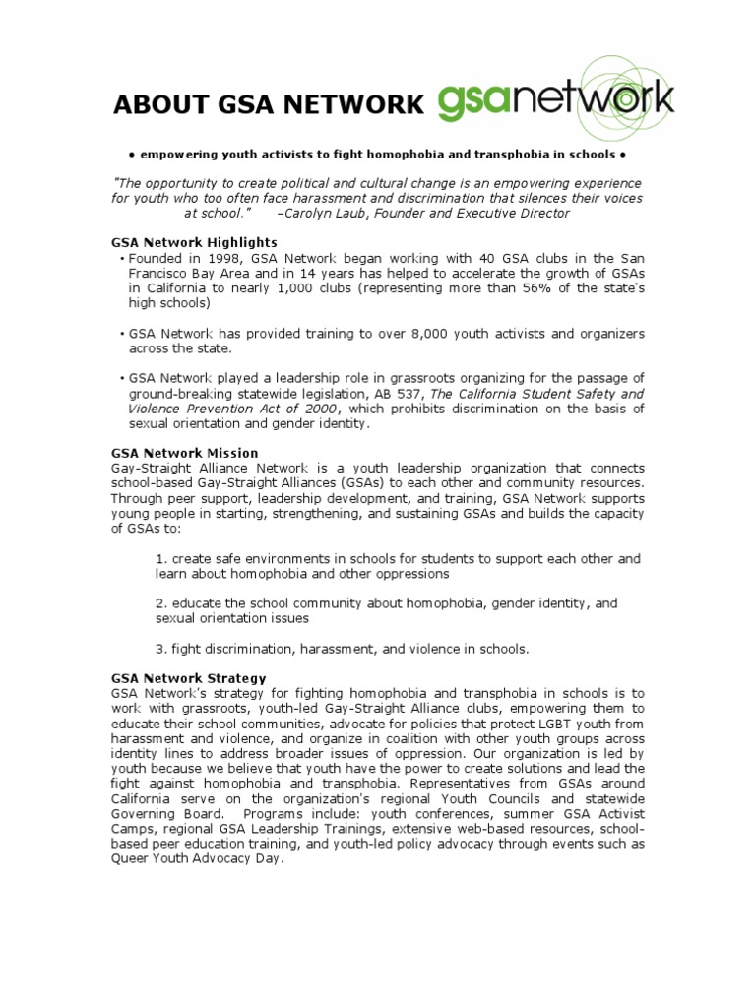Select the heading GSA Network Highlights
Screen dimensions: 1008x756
coord(194,242)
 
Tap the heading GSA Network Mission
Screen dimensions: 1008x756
coord(185,453)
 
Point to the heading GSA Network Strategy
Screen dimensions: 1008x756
coord(189,678)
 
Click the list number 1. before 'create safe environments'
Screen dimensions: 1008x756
coord(161,559)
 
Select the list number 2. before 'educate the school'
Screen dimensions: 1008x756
coord(161,603)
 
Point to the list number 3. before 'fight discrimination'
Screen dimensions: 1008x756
coord(161,649)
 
